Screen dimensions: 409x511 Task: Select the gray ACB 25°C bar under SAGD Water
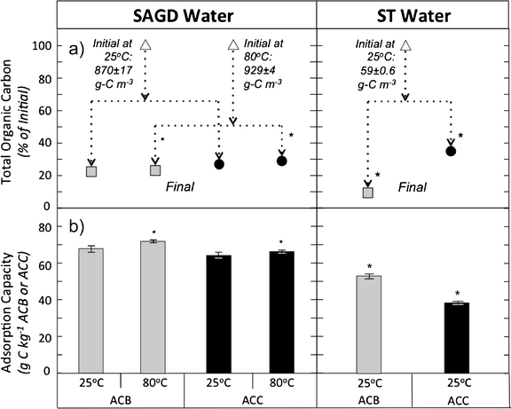point(92,311)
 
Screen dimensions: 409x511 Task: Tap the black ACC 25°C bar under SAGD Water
point(219,314)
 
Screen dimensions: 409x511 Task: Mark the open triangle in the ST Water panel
point(405,44)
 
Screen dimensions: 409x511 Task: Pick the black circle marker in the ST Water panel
point(450,151)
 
